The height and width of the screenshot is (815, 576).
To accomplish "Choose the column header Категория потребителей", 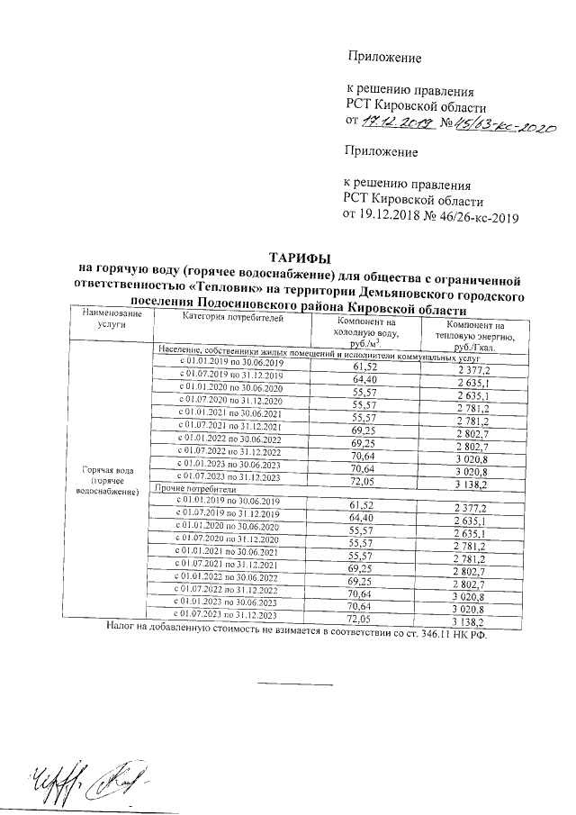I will point(233,318).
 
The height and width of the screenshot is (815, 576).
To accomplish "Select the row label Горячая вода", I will point(108,471).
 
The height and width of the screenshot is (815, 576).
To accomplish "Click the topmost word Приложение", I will point(385,58).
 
